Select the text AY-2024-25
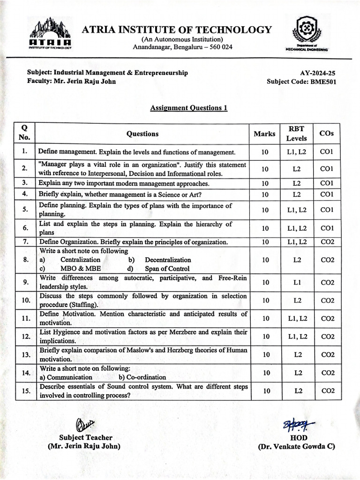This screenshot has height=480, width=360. pyautogui.click(x=318, y=73)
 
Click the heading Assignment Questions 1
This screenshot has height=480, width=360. pyautogui.click(x=188, y=108)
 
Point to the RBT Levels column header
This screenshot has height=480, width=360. pyautogui.click(x=296, y=134)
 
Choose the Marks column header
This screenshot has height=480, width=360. pyautogui.click(x=264, y=134)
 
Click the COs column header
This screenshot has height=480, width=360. pyautogui.click(x=326, y=134)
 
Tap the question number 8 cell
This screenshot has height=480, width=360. pyautogui.click(x=25, y=260)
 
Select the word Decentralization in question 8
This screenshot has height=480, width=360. pyautogui.click(x=168, y=260)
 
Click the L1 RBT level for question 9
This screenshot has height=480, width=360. pyautogui.click(x=297, y=282)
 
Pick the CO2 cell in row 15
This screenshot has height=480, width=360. pyautogui.click(x=327, y=390)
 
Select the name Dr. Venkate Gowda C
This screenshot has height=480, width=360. pyautogui.click(x=296, y=447)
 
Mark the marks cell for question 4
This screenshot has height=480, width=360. pyautogui.click(x=265, y=194)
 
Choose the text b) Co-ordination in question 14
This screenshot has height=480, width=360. pyautogui.click(x=142, y=377)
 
